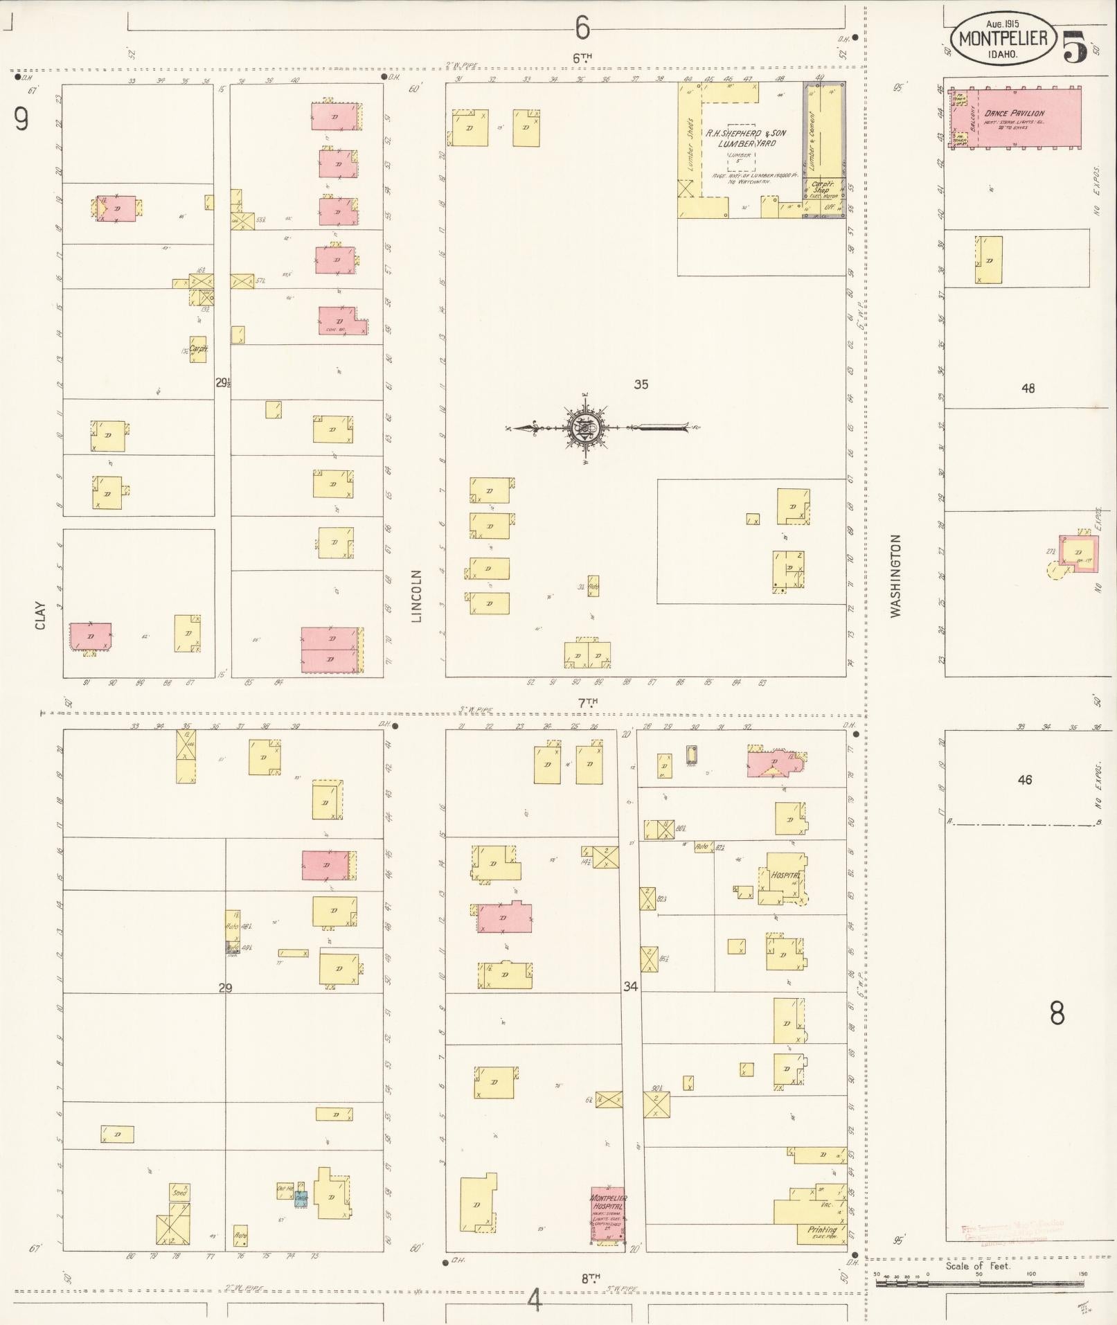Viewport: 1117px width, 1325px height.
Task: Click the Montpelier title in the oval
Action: (1003, 38)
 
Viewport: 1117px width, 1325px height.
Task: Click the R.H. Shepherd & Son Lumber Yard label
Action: (745, 138)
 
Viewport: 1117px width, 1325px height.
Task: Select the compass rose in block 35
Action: (586, 428)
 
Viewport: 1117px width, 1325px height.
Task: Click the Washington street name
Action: (896, 576)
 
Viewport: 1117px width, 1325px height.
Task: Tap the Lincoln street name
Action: (416, 596)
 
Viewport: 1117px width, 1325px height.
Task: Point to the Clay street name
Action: (40, 616)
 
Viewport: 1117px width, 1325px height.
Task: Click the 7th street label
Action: (588, 702)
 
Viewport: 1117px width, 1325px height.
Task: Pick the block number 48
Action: (1028, 389)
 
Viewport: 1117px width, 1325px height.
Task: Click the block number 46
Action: (1025, 780)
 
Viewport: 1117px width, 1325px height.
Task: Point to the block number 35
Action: (641, 384)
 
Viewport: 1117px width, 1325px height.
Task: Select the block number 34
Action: (629, 986)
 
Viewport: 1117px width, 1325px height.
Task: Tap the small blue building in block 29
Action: (301, 1198)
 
